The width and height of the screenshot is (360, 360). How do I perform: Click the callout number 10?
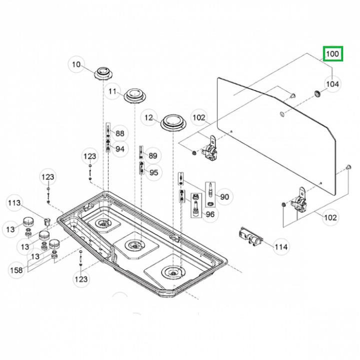pyautogui.click(x=76, y=64)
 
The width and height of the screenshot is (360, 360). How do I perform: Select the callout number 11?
pyautogui.click(x=113, y=91)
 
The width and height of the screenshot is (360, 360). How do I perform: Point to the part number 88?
pyautogui.click(x=119, y=133)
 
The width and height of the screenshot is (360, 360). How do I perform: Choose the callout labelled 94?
pyautogui.click(x=119, y=148)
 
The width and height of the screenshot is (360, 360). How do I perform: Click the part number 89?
pyautogui.click(x=153, y=155)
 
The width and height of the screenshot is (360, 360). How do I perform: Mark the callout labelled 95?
pyautogui.click(x=153, y=172)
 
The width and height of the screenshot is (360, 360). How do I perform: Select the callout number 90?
pyautogui.click(x=224, y=197)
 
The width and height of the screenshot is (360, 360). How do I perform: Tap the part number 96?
pyautogui.click(x=210, y=214)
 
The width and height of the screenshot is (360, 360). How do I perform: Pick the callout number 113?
pyautogui.click(x=14, y=202)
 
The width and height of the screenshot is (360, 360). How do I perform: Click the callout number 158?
pyautogui.click(x=16, y=270)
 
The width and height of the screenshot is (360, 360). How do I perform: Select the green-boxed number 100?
pyautogui.click(x=332, y=53)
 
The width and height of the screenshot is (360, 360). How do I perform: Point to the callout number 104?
pyautogui.click(x=332, y=84)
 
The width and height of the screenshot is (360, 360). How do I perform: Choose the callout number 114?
pyautogui.click(x=281, y=246)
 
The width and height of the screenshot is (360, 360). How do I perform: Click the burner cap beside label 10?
pyautogui.click(x=103, y=71)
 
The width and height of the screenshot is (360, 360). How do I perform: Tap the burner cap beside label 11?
pyautogui.click(x=135, y=94)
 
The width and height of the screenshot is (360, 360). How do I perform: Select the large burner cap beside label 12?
pyautogui.click(x=172, y=121)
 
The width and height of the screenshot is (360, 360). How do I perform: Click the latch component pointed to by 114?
pyautogui.click(x=250, y=236)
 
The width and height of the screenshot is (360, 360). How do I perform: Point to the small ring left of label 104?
pyautogui.click(x=316, y=93)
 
